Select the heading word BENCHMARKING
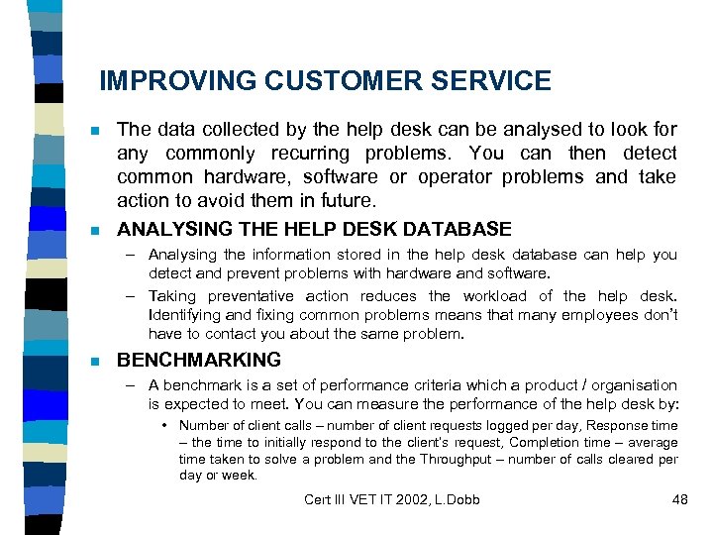199,360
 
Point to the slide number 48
679,499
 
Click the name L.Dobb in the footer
457,499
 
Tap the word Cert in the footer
320,499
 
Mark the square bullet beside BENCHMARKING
94,361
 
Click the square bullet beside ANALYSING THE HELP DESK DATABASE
94,230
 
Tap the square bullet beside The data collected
94,131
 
